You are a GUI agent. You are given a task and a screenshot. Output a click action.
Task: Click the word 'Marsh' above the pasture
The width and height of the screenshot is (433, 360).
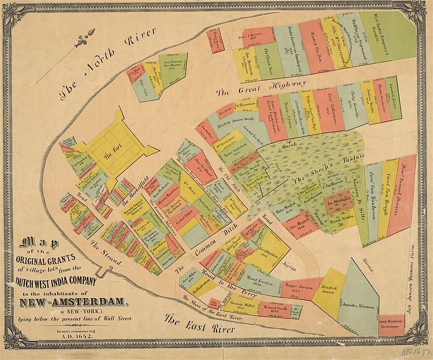point(285,146)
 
